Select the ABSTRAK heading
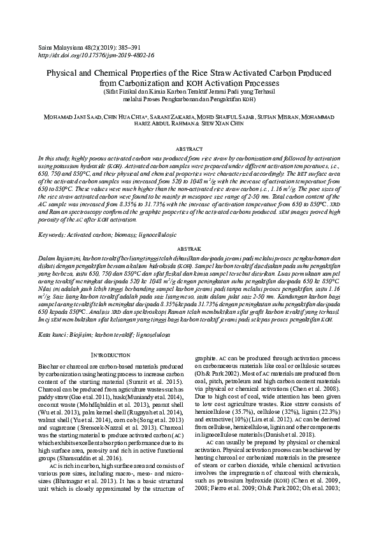pos(189,249)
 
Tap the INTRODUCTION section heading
pos(111,354)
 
